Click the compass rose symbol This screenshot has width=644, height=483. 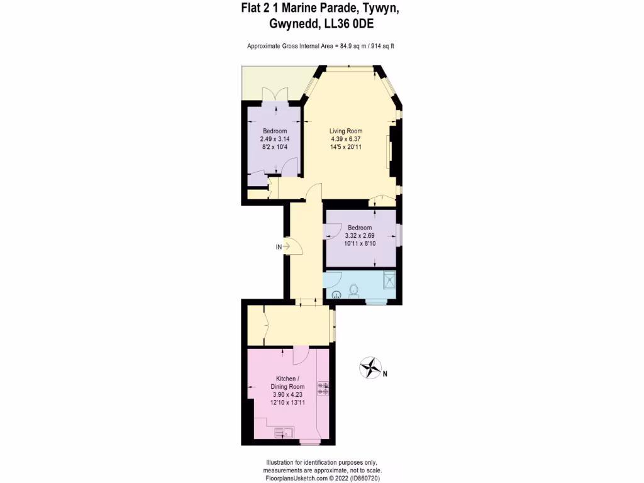click(x=371, y=368)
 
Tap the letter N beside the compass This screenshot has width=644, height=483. click(x=385, y=374)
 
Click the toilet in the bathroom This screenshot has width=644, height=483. click(x=353, y=291)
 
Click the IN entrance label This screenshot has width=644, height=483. click(x=279, y=247)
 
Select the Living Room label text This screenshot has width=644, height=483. click(x=345, y=131)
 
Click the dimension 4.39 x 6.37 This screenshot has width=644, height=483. click(x=345, y=139)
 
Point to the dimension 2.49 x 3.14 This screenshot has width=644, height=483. click(x=275, y=139)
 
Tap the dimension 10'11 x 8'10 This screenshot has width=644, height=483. click(x=359, y=243)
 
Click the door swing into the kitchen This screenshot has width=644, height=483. click(x=299, y=355)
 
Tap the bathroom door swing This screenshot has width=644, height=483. click(x=333, y=279)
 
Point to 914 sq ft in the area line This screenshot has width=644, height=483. click(x=380, y=46)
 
